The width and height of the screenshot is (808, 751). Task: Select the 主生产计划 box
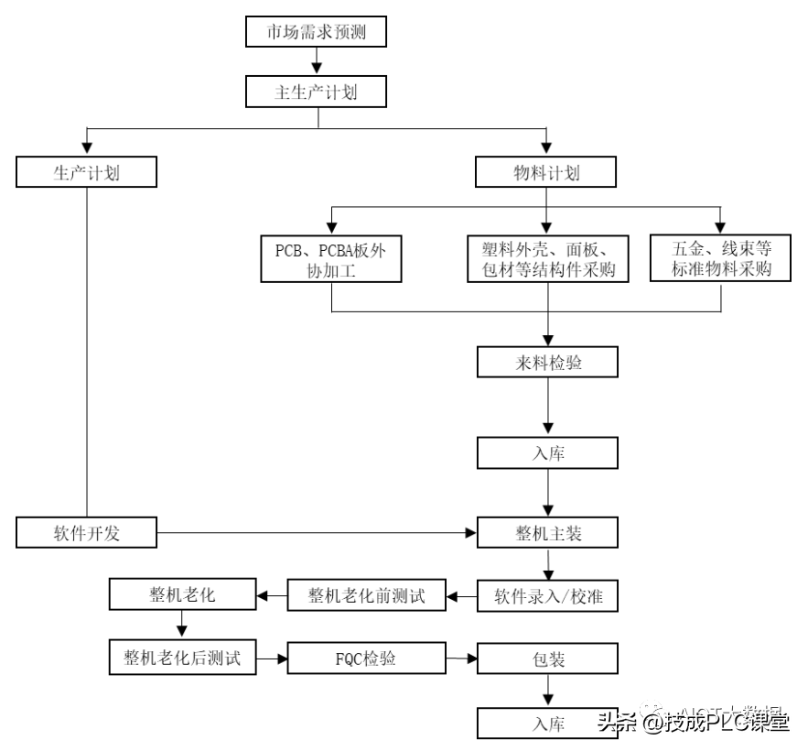click(x=316, y=93)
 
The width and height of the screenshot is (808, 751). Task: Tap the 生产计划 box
click(x=87, y=173)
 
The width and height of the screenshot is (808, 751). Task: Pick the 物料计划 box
click(x=546, y=173)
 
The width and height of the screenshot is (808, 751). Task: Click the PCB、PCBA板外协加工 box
click(x=330, y=260)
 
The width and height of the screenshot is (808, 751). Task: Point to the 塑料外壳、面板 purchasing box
click(x=547, y=260)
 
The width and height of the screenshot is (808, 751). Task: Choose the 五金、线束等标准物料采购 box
click(x=720, y=258)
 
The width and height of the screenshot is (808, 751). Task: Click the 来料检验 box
click(x=546, y=363)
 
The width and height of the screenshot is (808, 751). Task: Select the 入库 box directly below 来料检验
click(x=546, y=452)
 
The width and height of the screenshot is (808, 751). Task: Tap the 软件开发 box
click(x=87, y=532)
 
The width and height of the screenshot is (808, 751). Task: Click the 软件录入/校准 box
click(x=546, y=597)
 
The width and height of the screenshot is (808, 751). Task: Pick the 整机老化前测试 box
click(x=367, y=597)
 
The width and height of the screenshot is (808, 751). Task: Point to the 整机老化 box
click(x=181, y=595)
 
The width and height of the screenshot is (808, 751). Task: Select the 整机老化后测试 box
click(x=181, y=657)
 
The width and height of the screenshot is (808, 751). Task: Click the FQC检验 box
click(x=367, y=658)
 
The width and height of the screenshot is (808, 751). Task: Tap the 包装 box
click(x=546, y=659)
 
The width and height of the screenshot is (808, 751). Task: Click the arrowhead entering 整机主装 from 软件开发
click(x=470, y=532)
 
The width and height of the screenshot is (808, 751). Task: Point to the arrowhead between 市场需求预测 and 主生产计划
click(x=316, y=66)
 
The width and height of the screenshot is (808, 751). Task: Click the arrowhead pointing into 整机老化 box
click(x=262, y=596)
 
